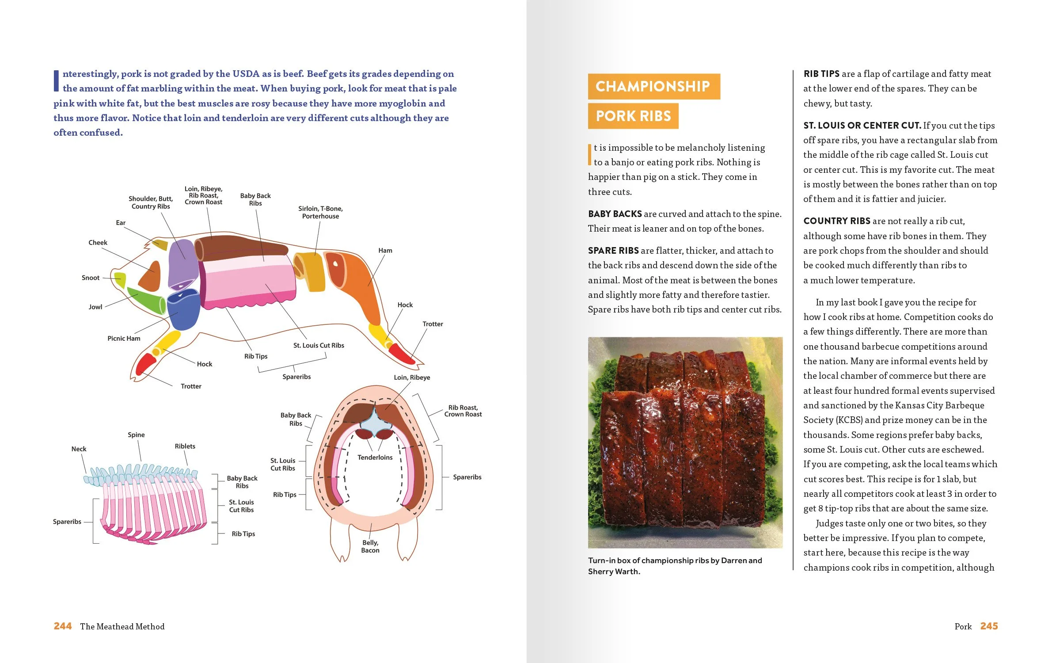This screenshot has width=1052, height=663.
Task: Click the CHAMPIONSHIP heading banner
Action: coord(653,86)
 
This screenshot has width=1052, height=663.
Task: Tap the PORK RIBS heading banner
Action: coord(633,116)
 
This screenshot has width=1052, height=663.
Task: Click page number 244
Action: coord(62,626)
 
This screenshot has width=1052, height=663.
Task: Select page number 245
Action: coord(989,626)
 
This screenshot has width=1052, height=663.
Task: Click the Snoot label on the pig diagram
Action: coord(91,278)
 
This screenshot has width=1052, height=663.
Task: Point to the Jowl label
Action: coord(95,307)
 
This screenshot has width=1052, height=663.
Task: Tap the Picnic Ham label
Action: coord(124,339)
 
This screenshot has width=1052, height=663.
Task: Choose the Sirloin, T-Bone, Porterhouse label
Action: coord(320,212)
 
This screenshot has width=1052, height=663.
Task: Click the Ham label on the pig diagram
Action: coord(385,251)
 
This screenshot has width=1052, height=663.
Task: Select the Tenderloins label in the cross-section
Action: coord(375,457)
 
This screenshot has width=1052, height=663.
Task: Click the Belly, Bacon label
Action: coord(370,546)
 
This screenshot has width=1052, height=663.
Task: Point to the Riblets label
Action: coord(185,446)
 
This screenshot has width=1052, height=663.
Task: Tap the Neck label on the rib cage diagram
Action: coord(79,449)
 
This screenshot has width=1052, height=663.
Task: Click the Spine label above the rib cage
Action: coord(136,435)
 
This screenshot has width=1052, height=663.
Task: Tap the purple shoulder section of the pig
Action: coord(182,261)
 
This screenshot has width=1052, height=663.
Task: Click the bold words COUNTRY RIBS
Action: coord(836,221)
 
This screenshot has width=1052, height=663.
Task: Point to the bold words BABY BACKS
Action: coord(615,214)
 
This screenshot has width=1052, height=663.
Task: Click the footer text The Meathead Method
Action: coord(122,626)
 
